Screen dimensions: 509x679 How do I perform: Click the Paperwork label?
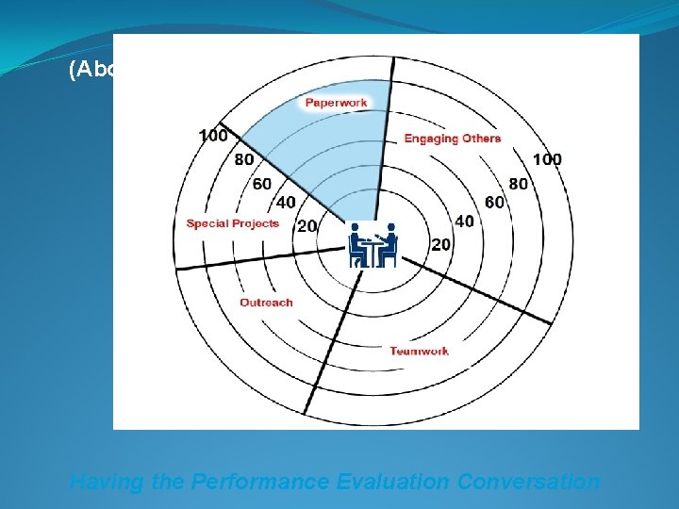coord(336,102)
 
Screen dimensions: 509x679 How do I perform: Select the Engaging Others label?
coord(453,139)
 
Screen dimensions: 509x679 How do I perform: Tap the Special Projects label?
coord(233,223)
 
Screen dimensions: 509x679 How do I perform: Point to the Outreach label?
coord(266,303)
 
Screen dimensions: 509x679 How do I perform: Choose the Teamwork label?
coord(420,352)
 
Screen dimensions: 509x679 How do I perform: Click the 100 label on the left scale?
coord(213,136)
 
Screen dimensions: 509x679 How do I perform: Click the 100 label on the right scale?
coord(546,159)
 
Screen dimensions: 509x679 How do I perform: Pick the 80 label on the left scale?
coord(244,159)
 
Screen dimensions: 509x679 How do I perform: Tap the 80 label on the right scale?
coord(519,183)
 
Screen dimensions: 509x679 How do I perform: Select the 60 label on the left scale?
coord(261,183)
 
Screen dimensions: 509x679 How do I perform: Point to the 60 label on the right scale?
coord(494,202)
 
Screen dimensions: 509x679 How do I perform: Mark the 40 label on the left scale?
coord(285,203)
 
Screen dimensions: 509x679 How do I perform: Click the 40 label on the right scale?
coord(464,221)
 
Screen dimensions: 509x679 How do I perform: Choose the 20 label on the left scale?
coord(306,225)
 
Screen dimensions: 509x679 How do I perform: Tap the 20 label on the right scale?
coord(441,244)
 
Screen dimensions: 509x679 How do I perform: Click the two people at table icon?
coord(373,244)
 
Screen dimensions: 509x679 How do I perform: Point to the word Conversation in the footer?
coord(528,482)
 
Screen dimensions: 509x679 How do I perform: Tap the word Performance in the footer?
coord(257,482)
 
